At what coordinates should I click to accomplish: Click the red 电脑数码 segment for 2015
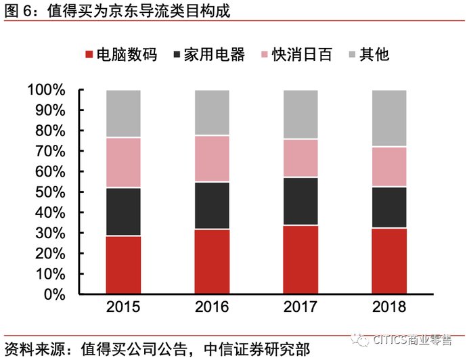point(123,265)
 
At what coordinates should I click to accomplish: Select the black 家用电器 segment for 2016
point(212,205)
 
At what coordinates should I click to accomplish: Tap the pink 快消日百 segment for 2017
point(301,158)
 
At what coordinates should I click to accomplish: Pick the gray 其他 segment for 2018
point(389,118)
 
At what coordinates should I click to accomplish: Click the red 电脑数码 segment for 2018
point(389,261)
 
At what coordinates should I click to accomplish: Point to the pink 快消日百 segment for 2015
point(123,162)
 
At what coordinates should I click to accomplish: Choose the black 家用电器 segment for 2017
point(301,201)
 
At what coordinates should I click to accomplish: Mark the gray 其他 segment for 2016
point(212,112)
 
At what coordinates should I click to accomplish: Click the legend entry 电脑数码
point(120,55)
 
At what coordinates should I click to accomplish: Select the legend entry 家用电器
point(207,55)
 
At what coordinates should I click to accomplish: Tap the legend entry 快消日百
point(294,55)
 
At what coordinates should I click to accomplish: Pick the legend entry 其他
point(369,55)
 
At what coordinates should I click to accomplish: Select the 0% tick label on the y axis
point(53,294)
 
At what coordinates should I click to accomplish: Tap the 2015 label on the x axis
point(123,307)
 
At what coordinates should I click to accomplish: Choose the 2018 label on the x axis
point(389,307)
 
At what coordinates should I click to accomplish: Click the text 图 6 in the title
point(20,9)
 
